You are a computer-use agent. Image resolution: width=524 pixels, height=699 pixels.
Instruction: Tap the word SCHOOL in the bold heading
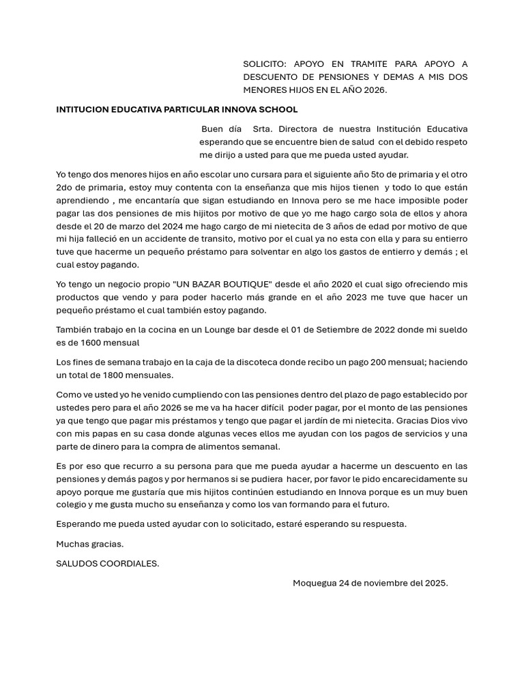point(280,109)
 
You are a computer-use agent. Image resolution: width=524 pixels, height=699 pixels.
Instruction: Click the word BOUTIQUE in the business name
point(244,284)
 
